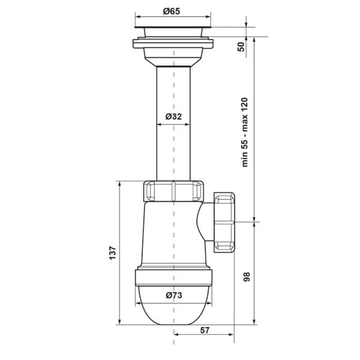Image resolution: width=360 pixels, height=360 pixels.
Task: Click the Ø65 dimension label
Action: pyautogui.click(x=172, y=11)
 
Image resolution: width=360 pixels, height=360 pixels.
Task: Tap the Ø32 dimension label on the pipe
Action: pyautogui.click(x=173, y=116)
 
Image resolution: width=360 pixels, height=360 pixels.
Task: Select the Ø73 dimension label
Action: pyautogui.click(x=174, y=295)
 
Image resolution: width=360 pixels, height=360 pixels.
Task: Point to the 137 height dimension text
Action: pyautogui.click(x=113, y=253)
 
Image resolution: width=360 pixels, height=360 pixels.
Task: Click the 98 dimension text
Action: pyautogui.click(x=247, y=277)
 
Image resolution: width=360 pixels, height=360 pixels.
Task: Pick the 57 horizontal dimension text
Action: pyautogui.click(x=205, y=330)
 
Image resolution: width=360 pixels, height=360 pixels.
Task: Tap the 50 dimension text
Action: pyautogui.click(x=241, y=47)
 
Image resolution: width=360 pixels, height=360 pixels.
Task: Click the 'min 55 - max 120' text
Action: pyautogui.click(x=245, y=132)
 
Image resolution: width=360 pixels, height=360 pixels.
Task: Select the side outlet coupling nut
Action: pyautogui.click(x=224, y=223)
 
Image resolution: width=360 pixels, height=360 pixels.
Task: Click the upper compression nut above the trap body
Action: pyautogui.click(x=173, y=191)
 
